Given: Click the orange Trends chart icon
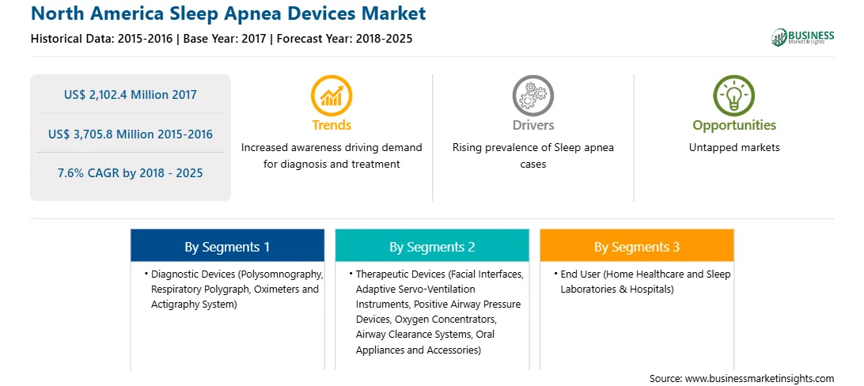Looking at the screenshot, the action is (x=332, y=96).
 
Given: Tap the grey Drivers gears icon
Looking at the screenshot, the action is (x=532, y=96).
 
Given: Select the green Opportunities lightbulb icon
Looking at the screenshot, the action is (x=734, y=96).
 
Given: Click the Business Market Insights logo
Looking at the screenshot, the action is (x=803, y=37).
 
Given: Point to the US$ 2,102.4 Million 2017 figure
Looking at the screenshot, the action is (x=130, y=95).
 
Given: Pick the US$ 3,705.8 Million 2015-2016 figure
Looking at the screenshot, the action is (x=130, y=134).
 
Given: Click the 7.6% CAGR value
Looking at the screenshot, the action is (x=130, y=173).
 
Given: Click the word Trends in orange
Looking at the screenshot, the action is (x=332, y=126).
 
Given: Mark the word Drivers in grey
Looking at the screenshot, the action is (x=533, y=126).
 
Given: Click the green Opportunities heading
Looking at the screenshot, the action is (x=734, y=126).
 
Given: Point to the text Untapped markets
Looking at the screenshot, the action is (x=734, y=148).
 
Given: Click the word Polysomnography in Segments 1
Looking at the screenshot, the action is (x=284, y=274).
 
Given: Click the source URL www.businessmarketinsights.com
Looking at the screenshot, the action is (x=760, y=379).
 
